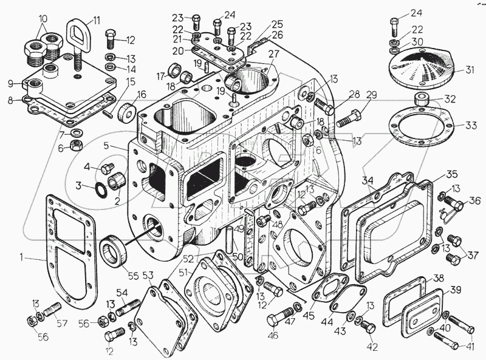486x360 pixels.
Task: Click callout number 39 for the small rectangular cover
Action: [454, 290]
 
